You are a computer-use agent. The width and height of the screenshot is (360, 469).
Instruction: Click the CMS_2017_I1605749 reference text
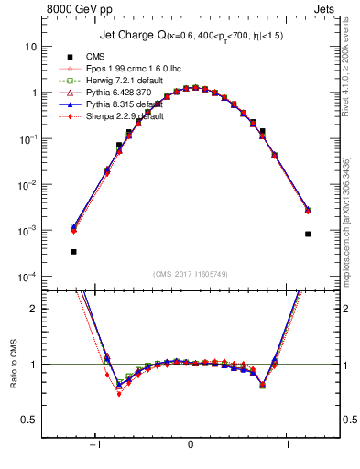tap(190, 274)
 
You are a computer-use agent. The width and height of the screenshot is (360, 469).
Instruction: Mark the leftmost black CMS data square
tap(73, 251)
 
